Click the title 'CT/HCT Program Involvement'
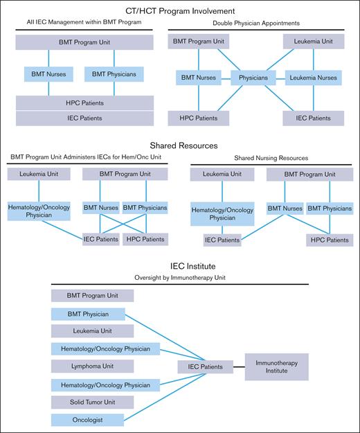pyautogui.click(x=180, y=10)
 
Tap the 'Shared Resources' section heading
pyautogui.click(x=180, y=145)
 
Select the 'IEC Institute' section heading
pyautogui.click(x=180, y=267)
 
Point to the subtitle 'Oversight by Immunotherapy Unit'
pyautogui.click(x=180, y=279)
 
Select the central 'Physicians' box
pyautogui.click(x=253, y=78)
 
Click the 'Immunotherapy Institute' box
pyautogui.click(x=276, y=366)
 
